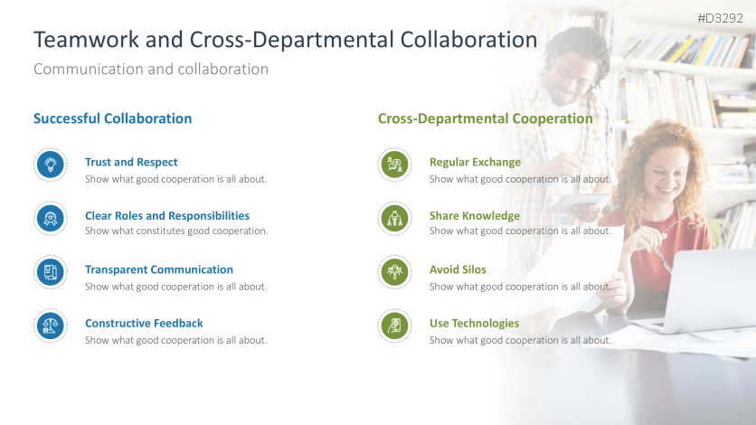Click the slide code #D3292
point(721,18)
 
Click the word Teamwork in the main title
point(86,40)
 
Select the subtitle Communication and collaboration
point(151,70)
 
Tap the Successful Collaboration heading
point(112,118)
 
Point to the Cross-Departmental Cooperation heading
point(485,118)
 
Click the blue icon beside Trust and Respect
point(51,165)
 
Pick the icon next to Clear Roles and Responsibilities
point(51,218)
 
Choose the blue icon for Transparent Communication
point(51,272)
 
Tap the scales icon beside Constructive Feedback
point(51,326)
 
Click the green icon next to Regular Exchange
point(395,165)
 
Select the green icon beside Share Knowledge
point(395,218)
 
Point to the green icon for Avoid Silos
point(395,272)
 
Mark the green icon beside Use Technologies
point(395,326)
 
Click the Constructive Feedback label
point(144,324)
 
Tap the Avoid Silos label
point(458,269)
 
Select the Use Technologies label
point(475,324)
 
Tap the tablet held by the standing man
point(579,203)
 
